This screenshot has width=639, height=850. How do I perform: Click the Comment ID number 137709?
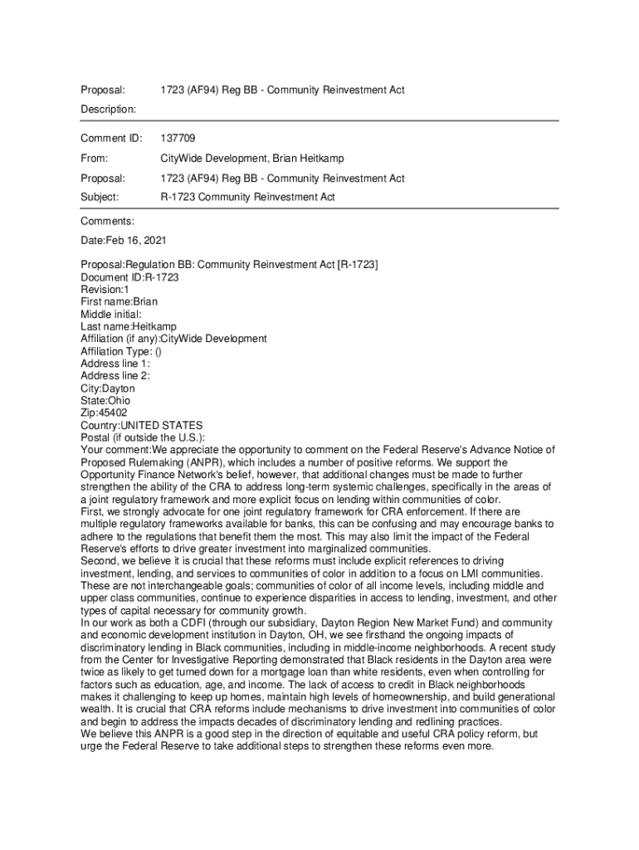(x=178, y=138)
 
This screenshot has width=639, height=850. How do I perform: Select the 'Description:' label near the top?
(x=108, y=109)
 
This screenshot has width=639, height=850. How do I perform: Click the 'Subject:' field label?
(x=100, y=198)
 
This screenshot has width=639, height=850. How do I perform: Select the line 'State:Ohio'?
(x=105, y=400)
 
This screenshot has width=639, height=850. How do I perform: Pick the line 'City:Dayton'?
(x=107, y=388)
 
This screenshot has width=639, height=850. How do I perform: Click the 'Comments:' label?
(x=107, y=221)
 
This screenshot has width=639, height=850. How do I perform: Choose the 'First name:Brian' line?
(x=119, y=301)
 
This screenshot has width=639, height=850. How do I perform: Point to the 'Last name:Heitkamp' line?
(x=128, y=326)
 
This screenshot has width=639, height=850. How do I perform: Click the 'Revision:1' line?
(x=105, y=289)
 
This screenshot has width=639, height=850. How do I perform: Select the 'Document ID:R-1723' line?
(x=129, y=277)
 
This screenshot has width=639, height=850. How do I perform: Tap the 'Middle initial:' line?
(x=111, y=314)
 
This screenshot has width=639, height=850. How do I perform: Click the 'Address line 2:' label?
(x=115, y=376)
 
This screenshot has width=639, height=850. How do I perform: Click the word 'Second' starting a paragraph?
(x=99, y=561)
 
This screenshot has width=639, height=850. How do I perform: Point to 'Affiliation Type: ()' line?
(x=121, y=351)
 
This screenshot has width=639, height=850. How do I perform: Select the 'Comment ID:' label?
(x=111, y=138)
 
